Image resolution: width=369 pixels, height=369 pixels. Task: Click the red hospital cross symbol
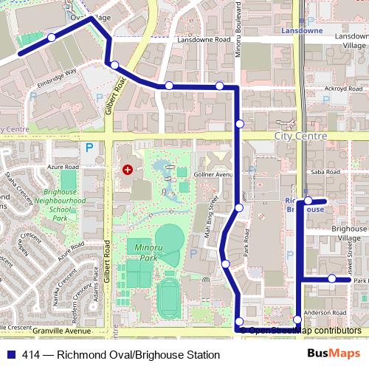[128, 170]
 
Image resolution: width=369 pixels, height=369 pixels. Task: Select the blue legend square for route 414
[10, 355]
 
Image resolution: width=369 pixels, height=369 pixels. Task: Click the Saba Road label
[324, 172]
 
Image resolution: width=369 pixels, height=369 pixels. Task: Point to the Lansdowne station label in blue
[303, 31]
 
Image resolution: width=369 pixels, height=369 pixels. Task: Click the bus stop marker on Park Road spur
[333, 279]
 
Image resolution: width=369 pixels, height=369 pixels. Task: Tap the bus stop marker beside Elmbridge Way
[114, 65]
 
